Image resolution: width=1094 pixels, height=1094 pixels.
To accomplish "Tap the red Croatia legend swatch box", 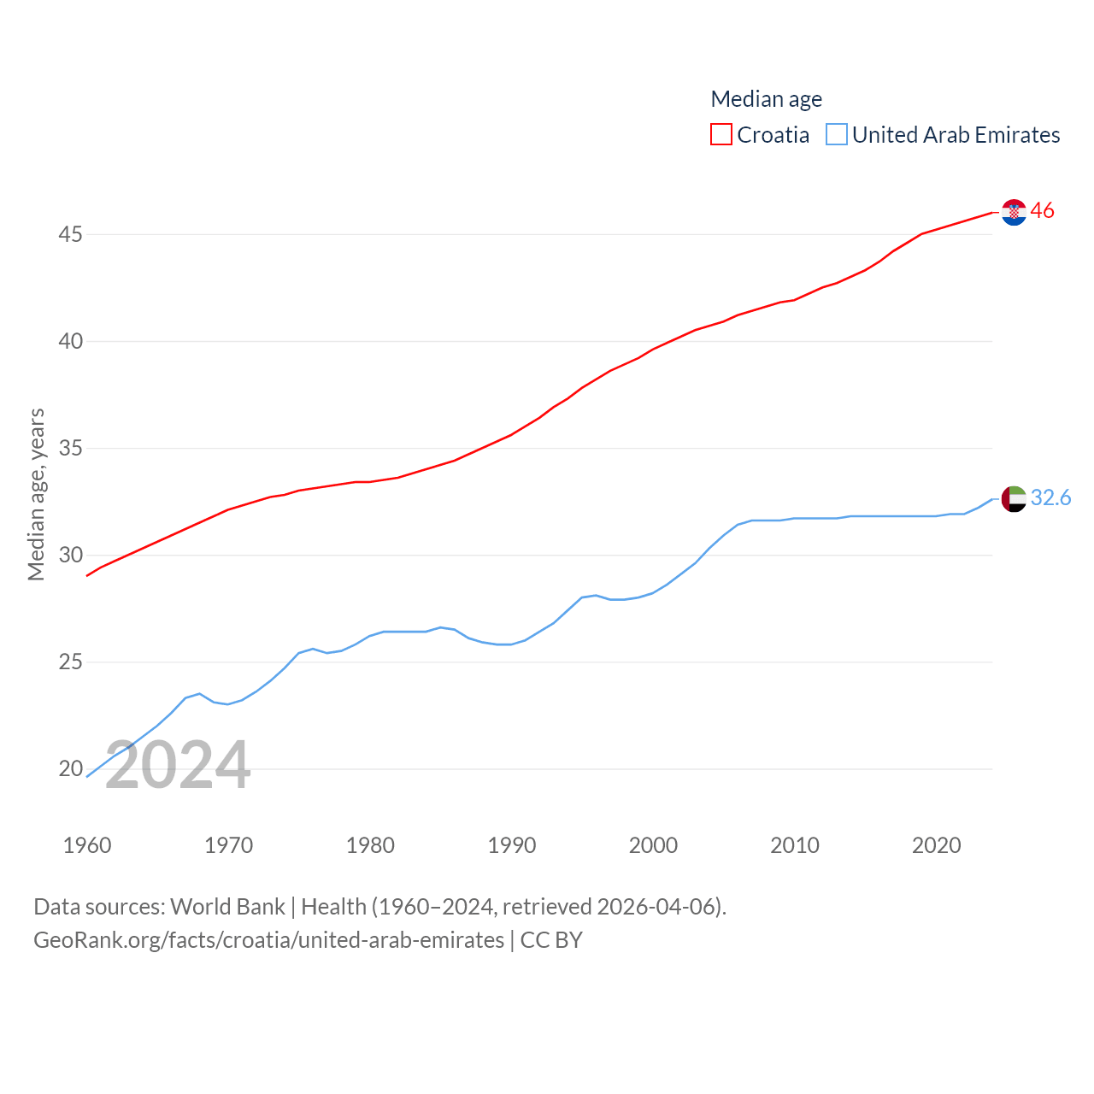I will [721, 135].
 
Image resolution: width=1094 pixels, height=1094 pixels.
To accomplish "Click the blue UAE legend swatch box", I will [837, 135].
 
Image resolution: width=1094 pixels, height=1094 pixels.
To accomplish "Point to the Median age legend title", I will [766, 99].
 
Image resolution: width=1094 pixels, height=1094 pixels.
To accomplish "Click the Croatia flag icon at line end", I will [1014, 212].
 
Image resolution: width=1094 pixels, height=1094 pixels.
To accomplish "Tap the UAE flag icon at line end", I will [1014, 498].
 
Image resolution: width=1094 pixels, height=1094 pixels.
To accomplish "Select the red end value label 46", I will [1042, 210].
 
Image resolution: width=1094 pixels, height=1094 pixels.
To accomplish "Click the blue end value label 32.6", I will [1050, 497].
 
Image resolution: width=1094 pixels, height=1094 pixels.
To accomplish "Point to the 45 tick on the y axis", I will [71, 234].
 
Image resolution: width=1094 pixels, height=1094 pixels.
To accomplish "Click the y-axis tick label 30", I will [71, 555].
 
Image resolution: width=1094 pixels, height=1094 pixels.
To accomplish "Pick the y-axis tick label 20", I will [71, 768].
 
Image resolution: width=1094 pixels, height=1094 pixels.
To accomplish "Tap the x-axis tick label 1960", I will [87, 845].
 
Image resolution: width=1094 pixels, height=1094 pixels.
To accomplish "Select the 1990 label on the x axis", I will [512, 845].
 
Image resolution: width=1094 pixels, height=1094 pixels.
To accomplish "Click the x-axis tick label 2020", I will [937, 845].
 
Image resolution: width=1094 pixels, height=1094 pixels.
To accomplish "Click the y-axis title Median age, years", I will [36, 494].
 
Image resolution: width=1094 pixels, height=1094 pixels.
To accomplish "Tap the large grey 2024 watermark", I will [178, 765].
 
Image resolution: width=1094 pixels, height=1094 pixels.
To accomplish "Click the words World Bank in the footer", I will [227, 906].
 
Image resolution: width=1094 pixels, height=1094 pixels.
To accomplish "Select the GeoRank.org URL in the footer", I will [268, 940].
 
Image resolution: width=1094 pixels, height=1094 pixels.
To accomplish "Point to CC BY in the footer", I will [551, 940].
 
